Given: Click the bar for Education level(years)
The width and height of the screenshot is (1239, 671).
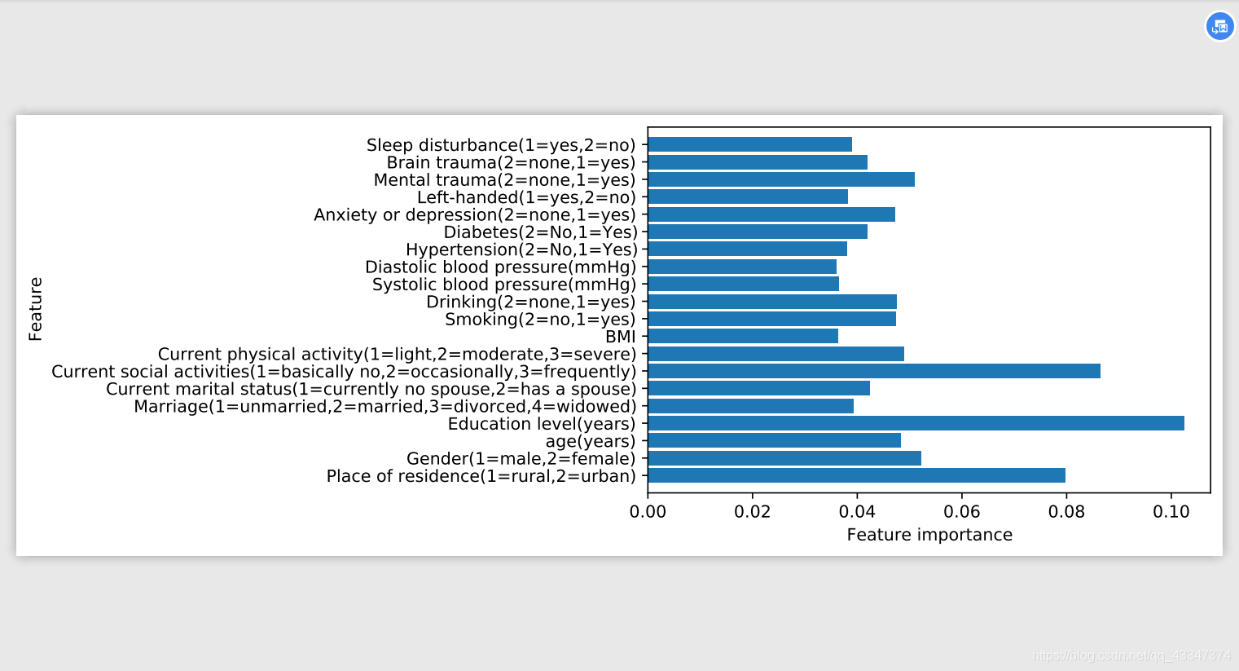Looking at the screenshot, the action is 916,423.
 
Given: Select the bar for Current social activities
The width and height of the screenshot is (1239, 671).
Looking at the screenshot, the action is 874,371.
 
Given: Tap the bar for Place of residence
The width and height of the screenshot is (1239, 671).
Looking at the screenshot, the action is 857,475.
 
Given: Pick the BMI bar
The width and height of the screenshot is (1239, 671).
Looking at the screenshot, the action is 743,336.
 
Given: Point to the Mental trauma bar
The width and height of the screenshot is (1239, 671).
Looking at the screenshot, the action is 781,179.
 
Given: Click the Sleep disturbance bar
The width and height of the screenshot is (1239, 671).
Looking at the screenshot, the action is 750,144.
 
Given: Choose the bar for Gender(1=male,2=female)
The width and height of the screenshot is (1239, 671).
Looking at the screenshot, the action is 784,458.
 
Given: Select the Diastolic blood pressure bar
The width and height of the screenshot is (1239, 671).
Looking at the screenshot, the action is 742,267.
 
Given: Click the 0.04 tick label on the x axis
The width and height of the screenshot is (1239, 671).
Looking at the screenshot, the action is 857,511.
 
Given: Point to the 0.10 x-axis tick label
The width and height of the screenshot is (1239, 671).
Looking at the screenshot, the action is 1171,511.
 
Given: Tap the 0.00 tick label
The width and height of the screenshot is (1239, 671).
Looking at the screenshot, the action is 648,511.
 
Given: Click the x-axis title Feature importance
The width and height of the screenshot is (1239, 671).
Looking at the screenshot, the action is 929,535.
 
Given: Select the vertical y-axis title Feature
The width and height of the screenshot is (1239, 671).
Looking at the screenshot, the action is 35,309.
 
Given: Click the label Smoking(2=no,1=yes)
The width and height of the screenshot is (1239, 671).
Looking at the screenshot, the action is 540,320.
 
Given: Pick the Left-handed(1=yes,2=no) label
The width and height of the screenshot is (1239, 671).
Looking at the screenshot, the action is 526,197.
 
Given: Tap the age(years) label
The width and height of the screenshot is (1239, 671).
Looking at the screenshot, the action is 591,441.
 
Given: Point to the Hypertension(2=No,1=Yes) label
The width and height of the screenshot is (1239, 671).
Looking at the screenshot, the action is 521,249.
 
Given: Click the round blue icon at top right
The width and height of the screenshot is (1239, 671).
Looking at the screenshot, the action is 1219,26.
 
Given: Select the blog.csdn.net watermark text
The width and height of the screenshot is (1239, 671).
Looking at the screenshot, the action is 1131,656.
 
